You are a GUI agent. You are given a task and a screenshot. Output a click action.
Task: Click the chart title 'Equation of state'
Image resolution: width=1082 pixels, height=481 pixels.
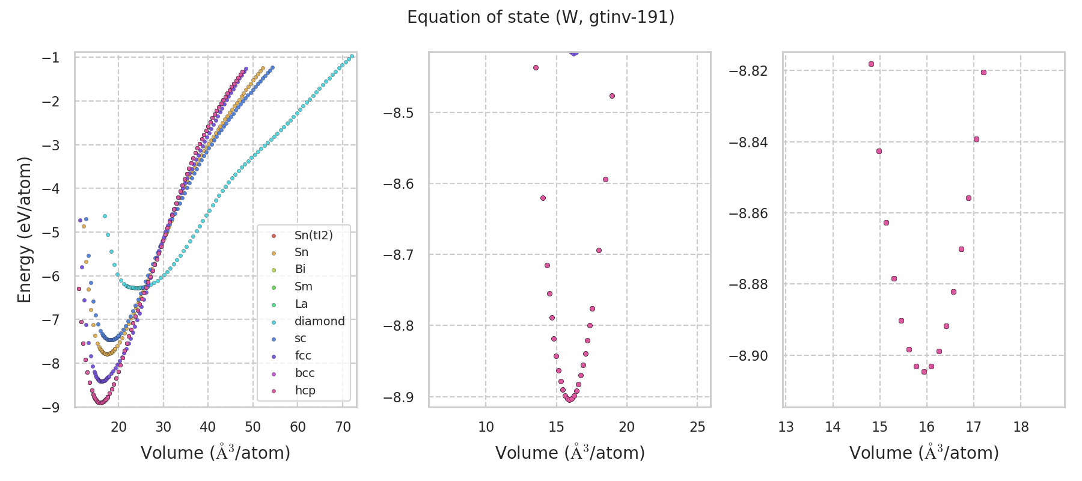[x=540, y=17]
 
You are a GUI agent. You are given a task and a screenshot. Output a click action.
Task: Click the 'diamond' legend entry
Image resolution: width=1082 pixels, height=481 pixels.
[x=319, y=321]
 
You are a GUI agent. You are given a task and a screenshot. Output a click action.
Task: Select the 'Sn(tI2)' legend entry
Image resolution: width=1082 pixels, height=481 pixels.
[x=313, y=235]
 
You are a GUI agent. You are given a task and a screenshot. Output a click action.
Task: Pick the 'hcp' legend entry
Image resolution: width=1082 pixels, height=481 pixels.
[x=305, y=390]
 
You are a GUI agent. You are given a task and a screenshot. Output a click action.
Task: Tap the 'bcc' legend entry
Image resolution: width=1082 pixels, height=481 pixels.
[x=305, y=373]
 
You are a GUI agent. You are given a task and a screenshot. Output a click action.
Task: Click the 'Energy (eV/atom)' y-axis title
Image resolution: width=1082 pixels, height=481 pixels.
[x=24, y=230]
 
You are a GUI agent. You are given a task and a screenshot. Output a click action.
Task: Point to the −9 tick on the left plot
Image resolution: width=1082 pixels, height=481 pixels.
[x=50, y=408]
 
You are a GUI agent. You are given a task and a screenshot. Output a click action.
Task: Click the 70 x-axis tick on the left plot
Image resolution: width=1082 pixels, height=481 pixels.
[x=343, y=427]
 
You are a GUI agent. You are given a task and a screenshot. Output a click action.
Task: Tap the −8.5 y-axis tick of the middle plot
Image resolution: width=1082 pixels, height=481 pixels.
[x=399, y=113]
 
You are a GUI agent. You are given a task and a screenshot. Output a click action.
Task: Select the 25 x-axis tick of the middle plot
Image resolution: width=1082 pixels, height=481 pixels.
[x=697, y=427]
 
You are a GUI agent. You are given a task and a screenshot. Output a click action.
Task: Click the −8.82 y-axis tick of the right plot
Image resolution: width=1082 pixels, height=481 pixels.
[x=748, y=71]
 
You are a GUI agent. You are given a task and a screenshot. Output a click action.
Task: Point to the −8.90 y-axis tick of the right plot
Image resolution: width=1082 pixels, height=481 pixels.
[x=748, y=356]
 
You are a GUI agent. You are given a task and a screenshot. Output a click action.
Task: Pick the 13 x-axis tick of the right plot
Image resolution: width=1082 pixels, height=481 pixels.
[x=786, y=427]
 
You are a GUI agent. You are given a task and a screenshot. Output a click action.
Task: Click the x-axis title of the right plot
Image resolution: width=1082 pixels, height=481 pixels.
[x=924, y=453]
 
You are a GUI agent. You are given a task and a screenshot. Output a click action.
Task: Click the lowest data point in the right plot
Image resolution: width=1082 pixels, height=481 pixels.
[x=924, y=372]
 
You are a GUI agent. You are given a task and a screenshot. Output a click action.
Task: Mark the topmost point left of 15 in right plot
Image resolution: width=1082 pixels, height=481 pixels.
[x=871, y=64]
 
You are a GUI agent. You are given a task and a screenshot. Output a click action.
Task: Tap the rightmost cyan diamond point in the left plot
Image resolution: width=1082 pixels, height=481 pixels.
[x=352, y=57]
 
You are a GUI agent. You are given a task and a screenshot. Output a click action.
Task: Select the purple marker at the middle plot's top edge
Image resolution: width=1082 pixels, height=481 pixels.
[x=573, y=53]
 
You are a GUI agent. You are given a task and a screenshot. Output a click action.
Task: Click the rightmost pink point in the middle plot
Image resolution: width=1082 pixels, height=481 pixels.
[x=612, y=96]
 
